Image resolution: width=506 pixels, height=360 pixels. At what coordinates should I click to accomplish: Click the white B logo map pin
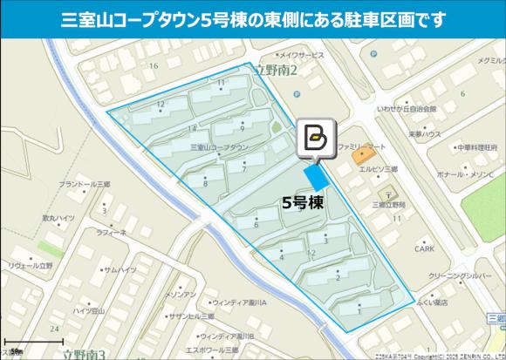coord(315,138)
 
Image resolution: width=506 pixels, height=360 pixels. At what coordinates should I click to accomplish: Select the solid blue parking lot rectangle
coord(315,177)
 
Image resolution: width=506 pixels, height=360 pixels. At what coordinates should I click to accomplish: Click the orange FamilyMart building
coord(361,159)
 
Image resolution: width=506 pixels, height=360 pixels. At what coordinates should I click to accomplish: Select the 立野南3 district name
coord(84,353)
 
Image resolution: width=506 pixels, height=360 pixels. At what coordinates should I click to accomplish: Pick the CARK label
coord(424,248)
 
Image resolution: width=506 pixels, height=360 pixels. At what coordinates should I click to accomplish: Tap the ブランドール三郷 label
coord(84,185)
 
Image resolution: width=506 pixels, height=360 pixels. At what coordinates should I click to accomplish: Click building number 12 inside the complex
coord(161,104)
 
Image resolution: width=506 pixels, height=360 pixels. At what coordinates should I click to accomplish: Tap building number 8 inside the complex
coord(204,183)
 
